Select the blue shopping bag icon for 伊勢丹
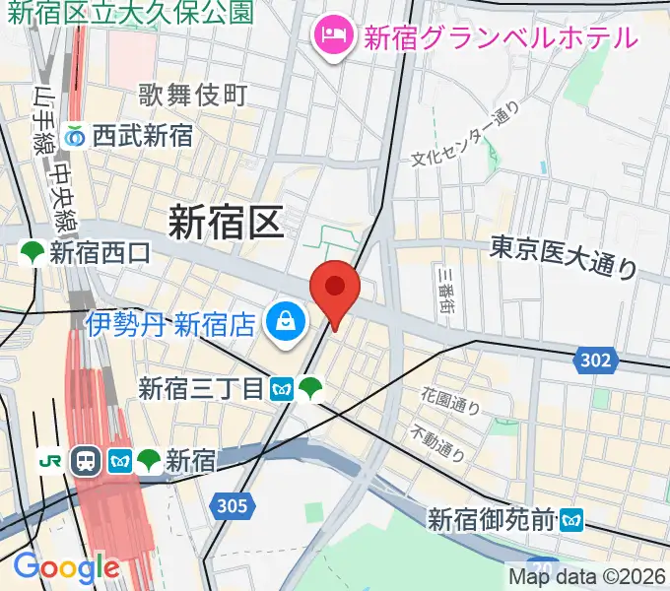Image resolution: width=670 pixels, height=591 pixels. click(x=285, y=322)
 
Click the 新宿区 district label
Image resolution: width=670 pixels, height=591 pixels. click(x=225, y=221)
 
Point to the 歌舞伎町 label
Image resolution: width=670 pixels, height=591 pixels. click(x=192, y=96)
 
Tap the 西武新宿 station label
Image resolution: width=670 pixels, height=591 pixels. click(x=143, y=136)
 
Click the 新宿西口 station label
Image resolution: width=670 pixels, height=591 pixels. click(x=100, y=253)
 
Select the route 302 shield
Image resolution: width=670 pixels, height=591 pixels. click(x=594, y=361)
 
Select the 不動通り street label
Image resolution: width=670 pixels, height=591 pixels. click(x=438, y=442)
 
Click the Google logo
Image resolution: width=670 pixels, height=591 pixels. click(x=66, y=567)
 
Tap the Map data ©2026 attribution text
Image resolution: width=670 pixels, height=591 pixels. click(x=587, y=576)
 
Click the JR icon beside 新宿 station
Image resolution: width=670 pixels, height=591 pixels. click(x=50, y=459)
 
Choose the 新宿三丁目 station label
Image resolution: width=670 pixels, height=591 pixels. click(x=202, y=389)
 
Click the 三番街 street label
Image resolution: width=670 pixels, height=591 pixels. click(x=446, y=290)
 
